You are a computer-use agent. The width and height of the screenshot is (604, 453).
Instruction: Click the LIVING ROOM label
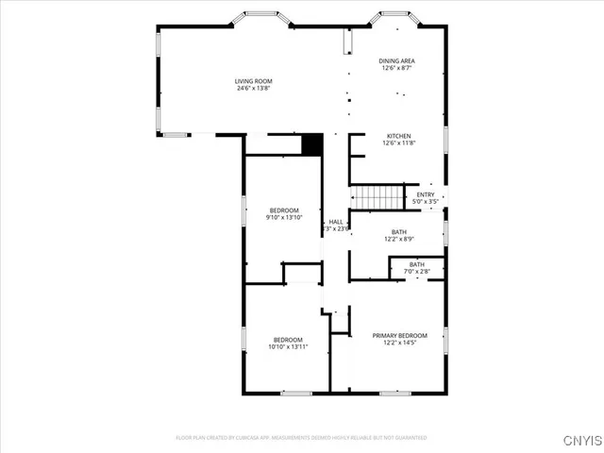click(254, 81)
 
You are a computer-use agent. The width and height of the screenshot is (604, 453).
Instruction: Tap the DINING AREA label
click(397, 60)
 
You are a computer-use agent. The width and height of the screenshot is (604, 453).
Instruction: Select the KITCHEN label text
click(397, 136)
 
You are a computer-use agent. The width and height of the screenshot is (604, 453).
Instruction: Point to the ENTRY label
click(426, 194)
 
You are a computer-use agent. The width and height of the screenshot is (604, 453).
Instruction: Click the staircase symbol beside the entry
click(377, 196)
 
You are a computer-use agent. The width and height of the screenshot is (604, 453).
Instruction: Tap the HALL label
click(336, 222)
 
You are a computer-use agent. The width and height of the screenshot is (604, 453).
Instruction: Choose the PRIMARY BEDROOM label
click(399, 335)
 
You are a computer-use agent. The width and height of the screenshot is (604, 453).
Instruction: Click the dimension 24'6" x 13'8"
click(254, 89)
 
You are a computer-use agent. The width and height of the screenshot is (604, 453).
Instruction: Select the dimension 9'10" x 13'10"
click(284, 218)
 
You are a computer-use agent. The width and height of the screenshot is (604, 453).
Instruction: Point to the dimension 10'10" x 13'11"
click(288, 346)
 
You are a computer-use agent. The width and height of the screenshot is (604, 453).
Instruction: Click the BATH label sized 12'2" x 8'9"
click(399, 232)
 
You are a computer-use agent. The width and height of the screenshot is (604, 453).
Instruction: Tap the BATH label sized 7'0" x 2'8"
click(416, 264)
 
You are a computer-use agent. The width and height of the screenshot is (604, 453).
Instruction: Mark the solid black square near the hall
click(312, 144)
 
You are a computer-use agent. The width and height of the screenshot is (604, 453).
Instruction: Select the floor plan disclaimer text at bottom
click(302, 438)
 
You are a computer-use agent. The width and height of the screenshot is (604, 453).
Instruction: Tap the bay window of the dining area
click(401, 15)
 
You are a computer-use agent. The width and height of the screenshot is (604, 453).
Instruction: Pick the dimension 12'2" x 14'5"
click(399, 343)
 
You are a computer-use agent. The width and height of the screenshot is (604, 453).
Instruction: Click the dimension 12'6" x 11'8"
click(397, 143)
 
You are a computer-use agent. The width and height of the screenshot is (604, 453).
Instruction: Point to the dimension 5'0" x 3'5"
click(426, 201)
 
